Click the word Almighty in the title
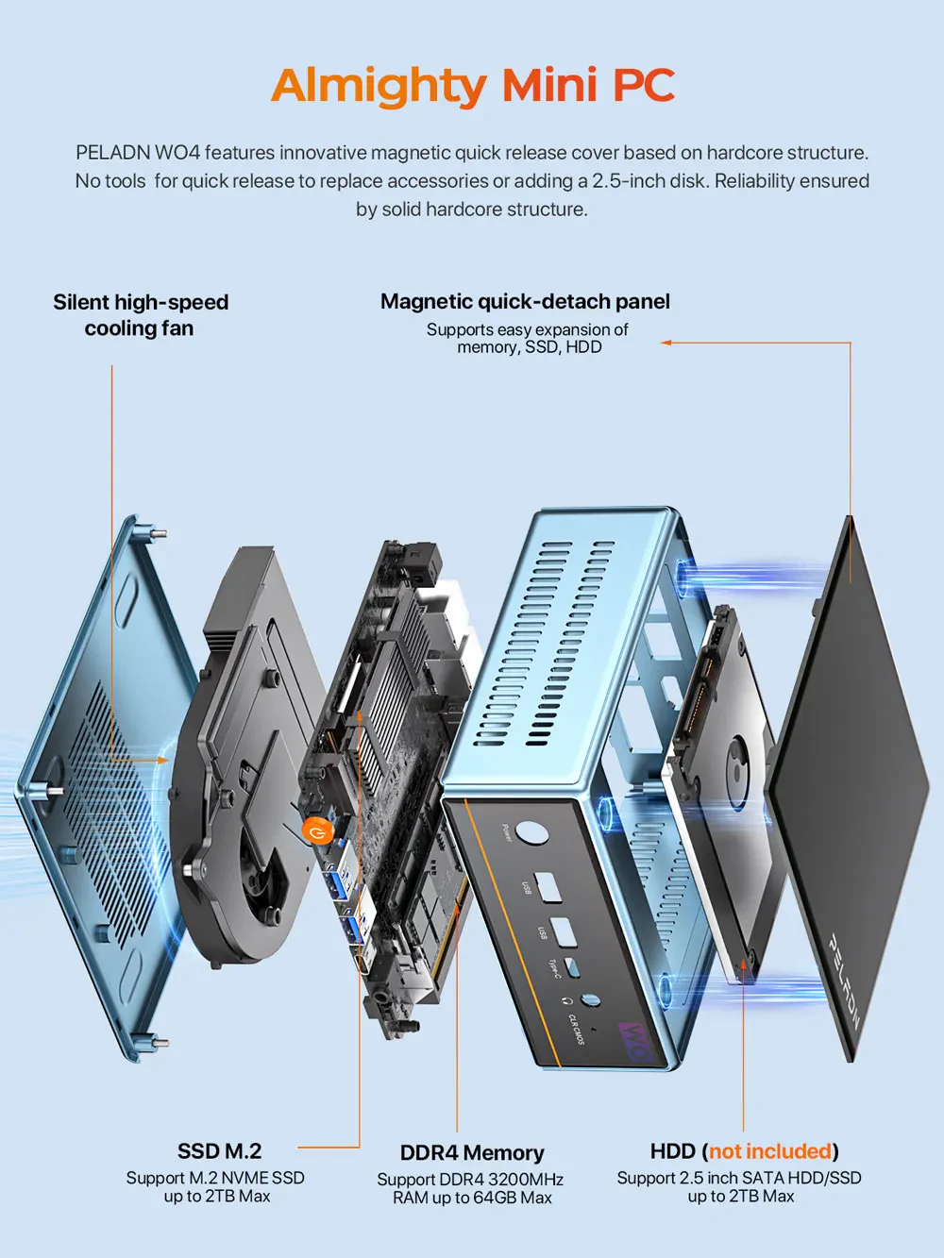point(378,86)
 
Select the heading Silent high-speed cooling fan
point(140,315)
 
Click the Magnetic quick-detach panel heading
point(525,302)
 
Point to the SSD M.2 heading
point(219,1151)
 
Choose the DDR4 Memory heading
point(472,1153)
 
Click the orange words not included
point(770,1151)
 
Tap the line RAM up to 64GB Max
point(472,1198)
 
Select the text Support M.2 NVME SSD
point(215,1178)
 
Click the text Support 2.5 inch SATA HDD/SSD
point(739,1178)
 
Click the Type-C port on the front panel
point(572,966)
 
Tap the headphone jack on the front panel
point(591,1000)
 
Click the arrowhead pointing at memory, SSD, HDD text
point(666,343)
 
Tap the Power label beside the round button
point(507,832)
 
